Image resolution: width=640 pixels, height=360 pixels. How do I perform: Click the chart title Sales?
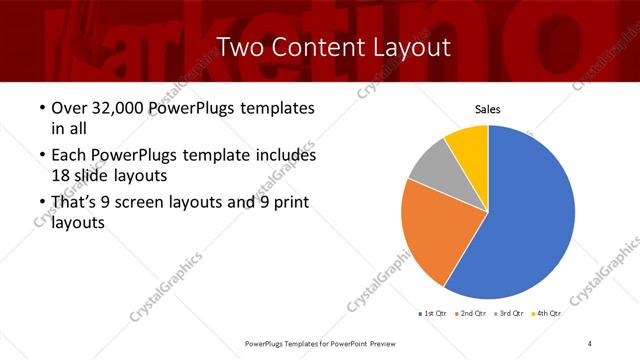487,110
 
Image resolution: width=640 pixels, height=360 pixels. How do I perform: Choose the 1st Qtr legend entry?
431,314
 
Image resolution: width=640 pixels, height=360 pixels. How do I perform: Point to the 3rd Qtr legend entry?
509,314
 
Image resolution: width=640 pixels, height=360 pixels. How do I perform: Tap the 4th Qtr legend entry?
547,314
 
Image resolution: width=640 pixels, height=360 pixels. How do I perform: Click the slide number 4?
590,343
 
